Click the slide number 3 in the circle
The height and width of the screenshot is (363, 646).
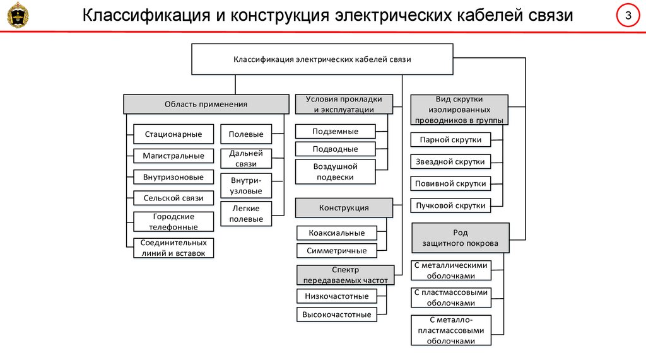pos(627,16)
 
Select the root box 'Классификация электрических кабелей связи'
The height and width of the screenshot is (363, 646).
pos(322,59)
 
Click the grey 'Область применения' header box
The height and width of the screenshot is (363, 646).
pos(206,104)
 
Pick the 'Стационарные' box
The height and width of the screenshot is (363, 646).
pos(173,134)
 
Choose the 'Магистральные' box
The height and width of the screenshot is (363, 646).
pos(173,156)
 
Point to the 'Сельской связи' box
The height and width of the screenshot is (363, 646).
pos(173,198)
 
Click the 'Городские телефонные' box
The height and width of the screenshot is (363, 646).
pos(173,222)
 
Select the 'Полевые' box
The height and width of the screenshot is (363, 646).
pos(246,134)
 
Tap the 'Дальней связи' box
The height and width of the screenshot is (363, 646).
pos(246,159)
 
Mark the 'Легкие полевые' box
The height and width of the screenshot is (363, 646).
pos(246,214)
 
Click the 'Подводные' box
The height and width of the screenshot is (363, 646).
pos(336,149)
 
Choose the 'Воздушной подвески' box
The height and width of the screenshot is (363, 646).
pos(336,172)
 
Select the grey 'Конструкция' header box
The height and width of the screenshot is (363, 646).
pos(344,207)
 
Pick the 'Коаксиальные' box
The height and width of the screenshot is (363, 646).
pos(337,233)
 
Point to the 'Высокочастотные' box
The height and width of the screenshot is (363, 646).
pos(337,314)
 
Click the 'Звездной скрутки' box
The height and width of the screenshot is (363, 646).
pos(450,162)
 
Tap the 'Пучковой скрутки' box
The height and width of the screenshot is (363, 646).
pos(450,205)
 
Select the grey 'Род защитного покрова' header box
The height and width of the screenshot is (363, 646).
pos(461,238)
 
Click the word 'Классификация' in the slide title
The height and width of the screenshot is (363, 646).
pos(143,16)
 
